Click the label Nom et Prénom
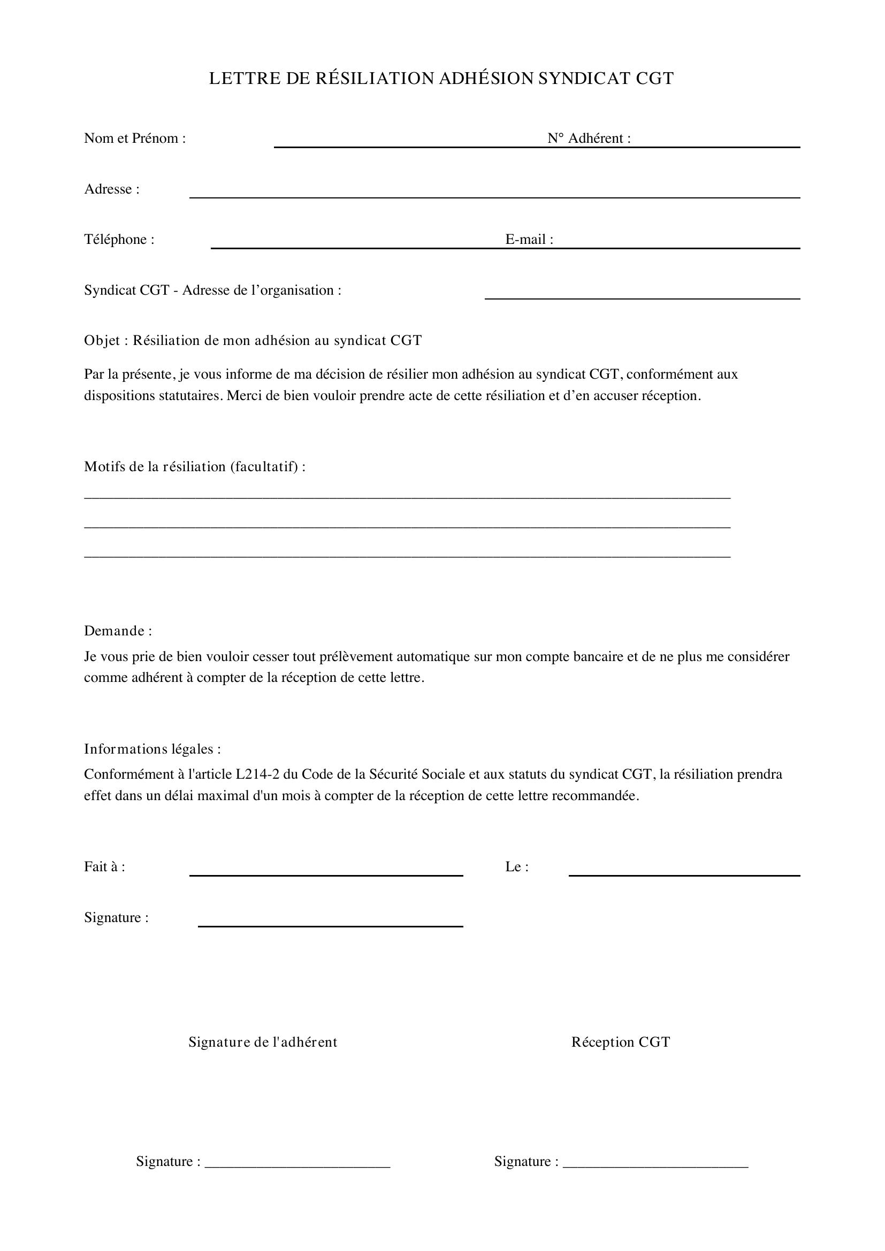[135, 139]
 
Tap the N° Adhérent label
[589, 139]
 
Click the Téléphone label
[119, 240]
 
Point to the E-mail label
[529, 240]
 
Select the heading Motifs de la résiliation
[194, 467]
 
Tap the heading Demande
[117, 631]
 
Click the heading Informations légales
[152, 749]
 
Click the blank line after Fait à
[326, 874]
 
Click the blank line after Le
[684, 874]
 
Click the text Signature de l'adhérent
[263, 1042]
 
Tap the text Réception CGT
[620, 1042]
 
